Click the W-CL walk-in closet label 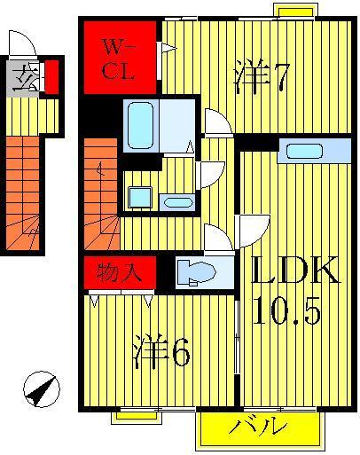point(117,59)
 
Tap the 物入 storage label point(120,270)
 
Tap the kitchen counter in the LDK point(317,151)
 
